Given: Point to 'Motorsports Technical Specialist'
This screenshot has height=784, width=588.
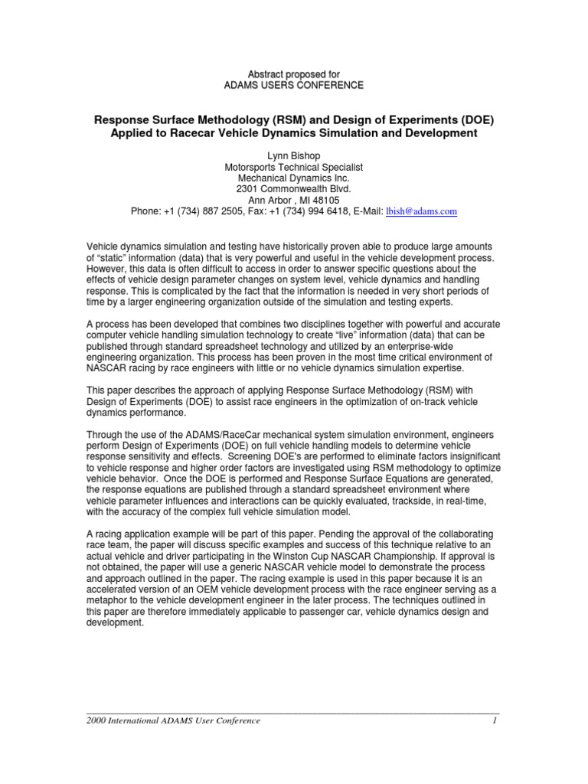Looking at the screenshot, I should click(293, 166).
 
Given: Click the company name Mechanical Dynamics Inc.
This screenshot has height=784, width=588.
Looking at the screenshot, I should click(293, 178).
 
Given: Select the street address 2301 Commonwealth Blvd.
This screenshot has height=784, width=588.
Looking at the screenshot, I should click(293, 189).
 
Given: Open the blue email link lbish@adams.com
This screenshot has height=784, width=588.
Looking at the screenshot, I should click(421, 211).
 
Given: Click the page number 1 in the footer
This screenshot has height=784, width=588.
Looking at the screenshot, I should click(496, 720).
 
